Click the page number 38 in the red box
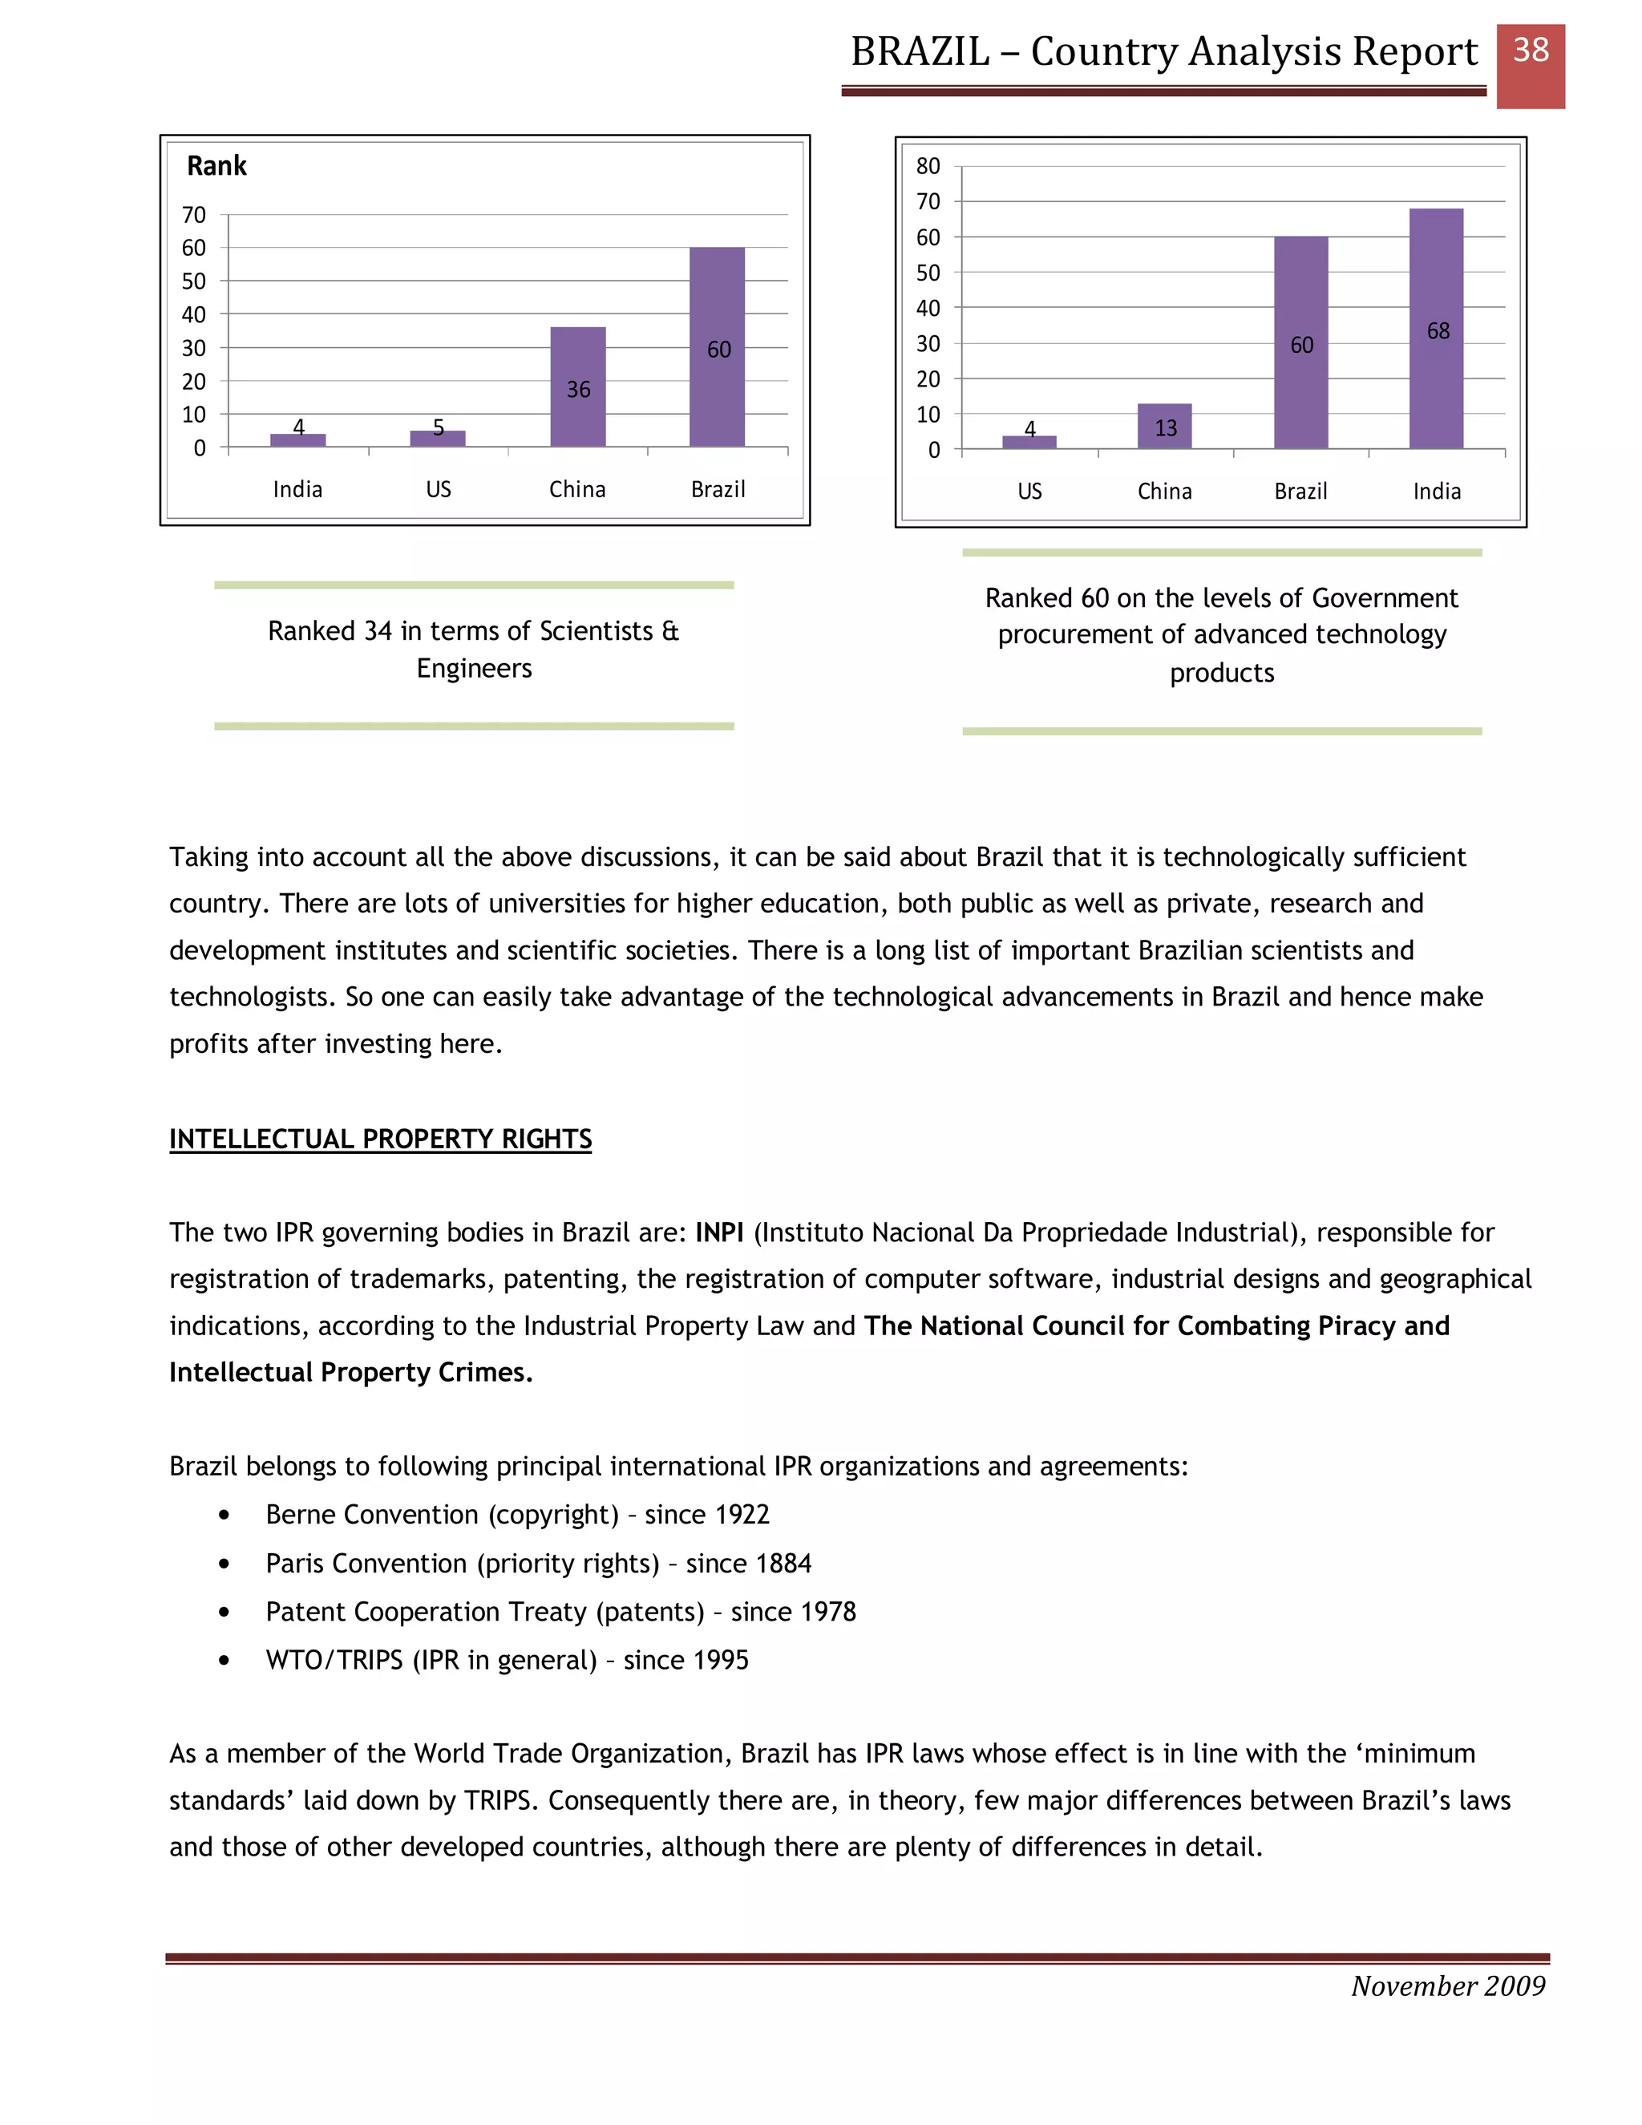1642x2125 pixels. point(1530,51)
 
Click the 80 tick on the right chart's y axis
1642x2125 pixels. point(928,166)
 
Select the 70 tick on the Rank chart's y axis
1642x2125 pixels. point(193,215)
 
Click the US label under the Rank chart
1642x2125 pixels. point(438,489)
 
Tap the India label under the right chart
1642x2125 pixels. point(1437,492)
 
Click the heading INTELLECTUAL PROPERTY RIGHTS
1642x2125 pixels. point(380,1139)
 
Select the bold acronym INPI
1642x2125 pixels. point(719,1232)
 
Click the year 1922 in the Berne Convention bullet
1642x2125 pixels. point(742,1515)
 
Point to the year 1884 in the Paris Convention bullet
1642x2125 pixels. point(783,1564)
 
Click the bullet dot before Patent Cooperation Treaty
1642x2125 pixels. point(224,1613)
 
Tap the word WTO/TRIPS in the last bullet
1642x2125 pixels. point(334,1660)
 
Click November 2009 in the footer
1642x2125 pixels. point(1447,1985)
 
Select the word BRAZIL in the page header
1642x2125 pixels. point(920,51)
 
